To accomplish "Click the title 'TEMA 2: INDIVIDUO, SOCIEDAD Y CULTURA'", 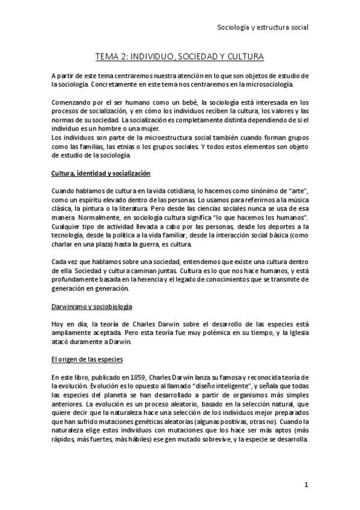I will (180, 57).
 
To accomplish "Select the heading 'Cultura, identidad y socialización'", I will (100, 173).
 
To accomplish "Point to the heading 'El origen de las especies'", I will (87, 360).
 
